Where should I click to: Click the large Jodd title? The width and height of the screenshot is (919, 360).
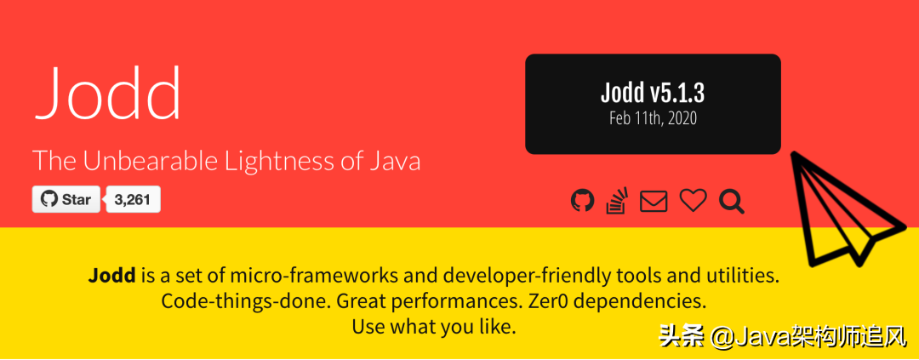[106, 94]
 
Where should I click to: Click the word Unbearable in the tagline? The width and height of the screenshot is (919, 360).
[155, 161]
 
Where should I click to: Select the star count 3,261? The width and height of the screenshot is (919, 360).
[133, 199]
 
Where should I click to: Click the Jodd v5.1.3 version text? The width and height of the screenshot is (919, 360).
[653, 94]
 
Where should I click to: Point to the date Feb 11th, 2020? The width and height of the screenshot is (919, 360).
[653, 117]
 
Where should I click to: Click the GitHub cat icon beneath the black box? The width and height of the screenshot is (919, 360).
[582, 201]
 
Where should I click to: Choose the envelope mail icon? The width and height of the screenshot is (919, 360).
[654, 201]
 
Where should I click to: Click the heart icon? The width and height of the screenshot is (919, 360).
[693, 201]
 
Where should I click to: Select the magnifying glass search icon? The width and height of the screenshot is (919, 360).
[732, 201]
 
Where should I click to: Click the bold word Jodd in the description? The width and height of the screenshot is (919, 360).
[112, 275]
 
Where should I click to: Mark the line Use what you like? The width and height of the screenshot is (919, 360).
[434, 327]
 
